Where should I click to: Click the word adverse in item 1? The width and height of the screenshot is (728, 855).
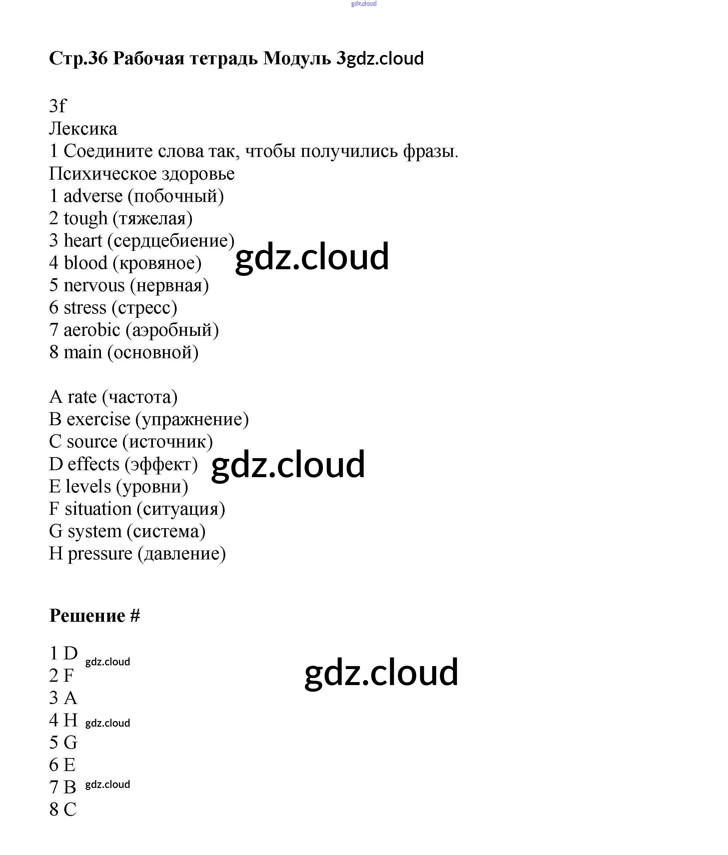(x=93, y=196)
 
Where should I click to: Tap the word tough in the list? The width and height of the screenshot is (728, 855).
(x=85, y=218)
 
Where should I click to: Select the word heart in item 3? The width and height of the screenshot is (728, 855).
(x=83, y=241)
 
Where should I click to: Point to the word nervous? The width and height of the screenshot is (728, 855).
(x=94, y=286)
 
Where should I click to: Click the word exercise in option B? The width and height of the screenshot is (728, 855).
(x=98, y=420)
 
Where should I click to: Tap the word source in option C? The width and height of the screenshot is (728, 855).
(x=92, y=442)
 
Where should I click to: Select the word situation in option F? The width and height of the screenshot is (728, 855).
(x=98, y=509)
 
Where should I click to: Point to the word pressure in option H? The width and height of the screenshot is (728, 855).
(x=100, y=554)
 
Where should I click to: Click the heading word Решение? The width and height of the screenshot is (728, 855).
(x=87, y=616)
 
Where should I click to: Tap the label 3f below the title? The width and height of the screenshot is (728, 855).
(x=57, y=106)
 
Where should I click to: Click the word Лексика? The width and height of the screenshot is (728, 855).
(x=83, y=129)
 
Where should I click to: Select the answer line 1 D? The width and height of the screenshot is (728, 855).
(x=64, y=653)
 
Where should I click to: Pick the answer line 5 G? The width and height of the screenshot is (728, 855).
(x=64, y=742)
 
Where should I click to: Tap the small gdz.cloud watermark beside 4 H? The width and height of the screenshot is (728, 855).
(x=108, y=723)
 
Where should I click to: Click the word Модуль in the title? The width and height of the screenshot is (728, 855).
(x=297, y=59)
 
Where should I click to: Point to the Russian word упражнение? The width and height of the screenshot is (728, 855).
(x=192, y=420)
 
